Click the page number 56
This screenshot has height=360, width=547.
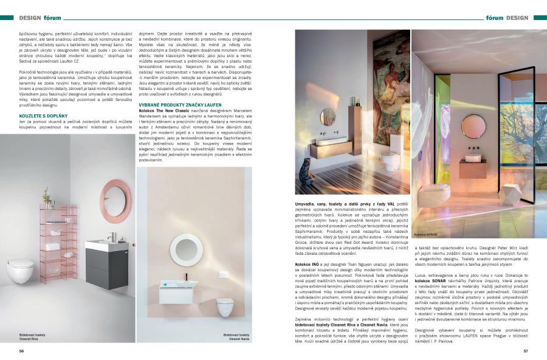click(21, 351)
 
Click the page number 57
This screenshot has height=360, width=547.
click(525, 351)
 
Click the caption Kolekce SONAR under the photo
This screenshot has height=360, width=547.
click(427, 234)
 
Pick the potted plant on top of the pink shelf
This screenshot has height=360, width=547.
click(47, 198)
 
